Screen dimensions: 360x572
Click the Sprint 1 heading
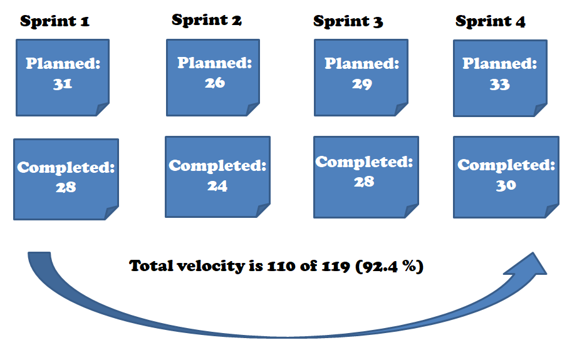point(55,21)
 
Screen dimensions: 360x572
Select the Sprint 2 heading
point(206,20)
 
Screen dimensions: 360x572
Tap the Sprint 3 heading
point(348,21)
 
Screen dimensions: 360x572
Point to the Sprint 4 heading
point(490,21)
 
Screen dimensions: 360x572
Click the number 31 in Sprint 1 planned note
point(62,84)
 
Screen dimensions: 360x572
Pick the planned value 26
point(214,83)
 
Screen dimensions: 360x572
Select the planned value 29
point(361,84)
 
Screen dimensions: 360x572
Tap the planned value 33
point(499,85)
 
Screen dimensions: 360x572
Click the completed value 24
point(217,186)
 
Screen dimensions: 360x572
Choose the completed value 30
point(506,185)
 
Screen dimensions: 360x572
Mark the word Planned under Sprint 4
point(499,64)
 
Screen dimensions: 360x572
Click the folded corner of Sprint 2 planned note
point(252,109)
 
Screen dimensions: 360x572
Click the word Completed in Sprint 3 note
point(363,162)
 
